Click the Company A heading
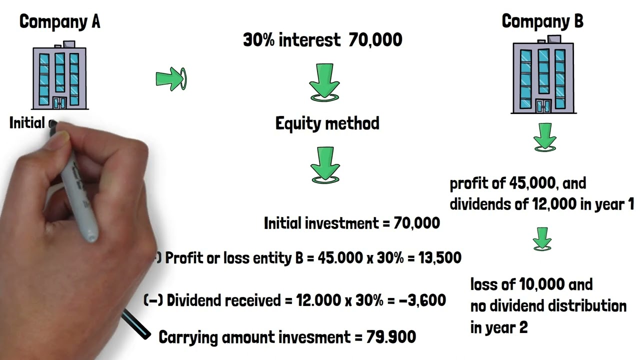pos(59,21)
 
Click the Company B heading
pos(542,21)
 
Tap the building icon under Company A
pos(59,76)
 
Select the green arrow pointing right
pos(170,79)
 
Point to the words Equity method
pos(327,123)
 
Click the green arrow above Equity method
pos(325,82)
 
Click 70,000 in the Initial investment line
pos(416,223)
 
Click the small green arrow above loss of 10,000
pos(541,238)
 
